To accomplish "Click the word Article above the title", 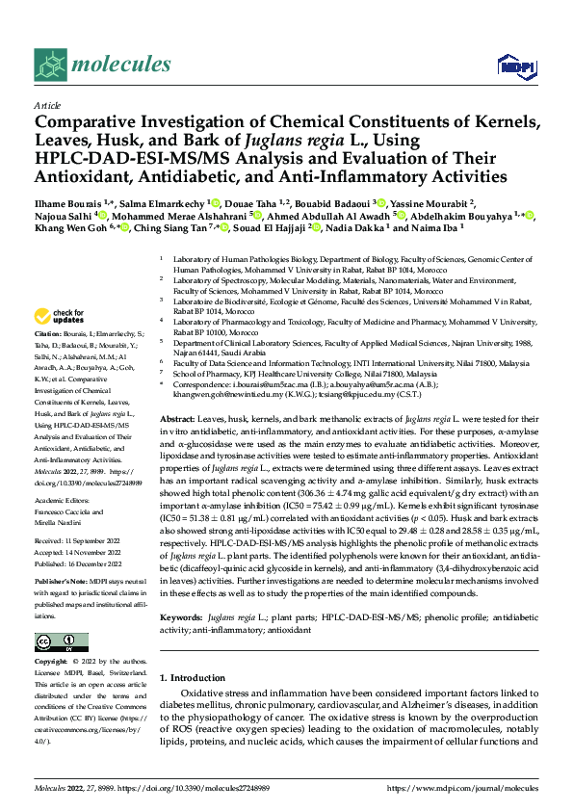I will [x=47, y=105].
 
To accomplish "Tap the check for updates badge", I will [x=58, y=315].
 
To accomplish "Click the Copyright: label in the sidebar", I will [x=53, y=663].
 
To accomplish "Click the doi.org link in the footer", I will [x=203, y=787].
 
